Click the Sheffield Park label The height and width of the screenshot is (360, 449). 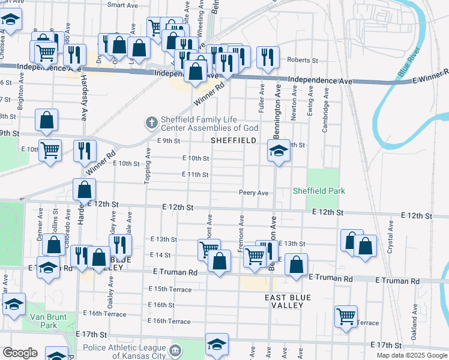tap(319, 191)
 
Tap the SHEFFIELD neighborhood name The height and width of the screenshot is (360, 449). tap(234, 140)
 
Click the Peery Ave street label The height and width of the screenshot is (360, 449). tap(253, 193)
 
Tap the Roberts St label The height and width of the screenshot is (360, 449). tap(302, 60)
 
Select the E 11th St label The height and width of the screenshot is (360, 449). tap(195, 175)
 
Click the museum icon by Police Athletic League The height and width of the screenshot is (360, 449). tap(175, 349)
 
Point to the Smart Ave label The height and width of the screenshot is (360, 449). tap(122, 5)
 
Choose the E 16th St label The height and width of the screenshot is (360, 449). tap(163, 305)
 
